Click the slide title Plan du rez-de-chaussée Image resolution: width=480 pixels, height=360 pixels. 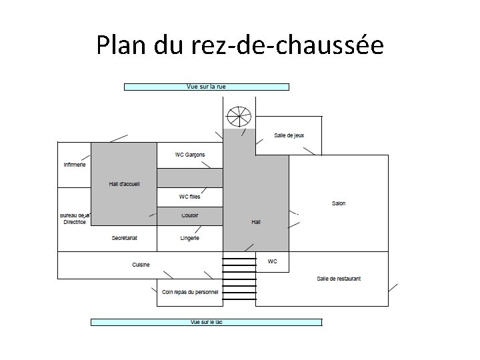240,45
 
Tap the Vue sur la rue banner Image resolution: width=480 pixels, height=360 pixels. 207,87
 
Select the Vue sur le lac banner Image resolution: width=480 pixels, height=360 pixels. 206,323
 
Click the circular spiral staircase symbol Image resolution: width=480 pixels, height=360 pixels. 238,117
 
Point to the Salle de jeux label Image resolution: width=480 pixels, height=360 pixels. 289,135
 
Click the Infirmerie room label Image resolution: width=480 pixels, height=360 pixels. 75,165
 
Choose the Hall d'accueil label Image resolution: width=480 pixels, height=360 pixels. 124,185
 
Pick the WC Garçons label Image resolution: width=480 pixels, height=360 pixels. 190,155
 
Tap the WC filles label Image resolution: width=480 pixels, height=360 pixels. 190,197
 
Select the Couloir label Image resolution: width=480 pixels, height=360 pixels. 190,216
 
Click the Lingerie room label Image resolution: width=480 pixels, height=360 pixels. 190,238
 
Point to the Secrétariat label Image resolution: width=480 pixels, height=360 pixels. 124,238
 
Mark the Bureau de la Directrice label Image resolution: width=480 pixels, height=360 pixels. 75,219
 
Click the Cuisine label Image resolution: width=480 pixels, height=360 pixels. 141,265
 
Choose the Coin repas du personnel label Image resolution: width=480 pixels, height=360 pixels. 190,292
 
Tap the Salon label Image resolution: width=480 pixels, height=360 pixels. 339,203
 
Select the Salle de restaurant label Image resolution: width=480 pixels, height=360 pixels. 339,279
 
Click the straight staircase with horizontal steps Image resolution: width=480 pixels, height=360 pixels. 239,279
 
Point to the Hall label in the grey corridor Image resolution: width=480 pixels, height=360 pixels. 256,222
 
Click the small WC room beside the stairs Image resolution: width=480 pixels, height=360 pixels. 272,262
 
